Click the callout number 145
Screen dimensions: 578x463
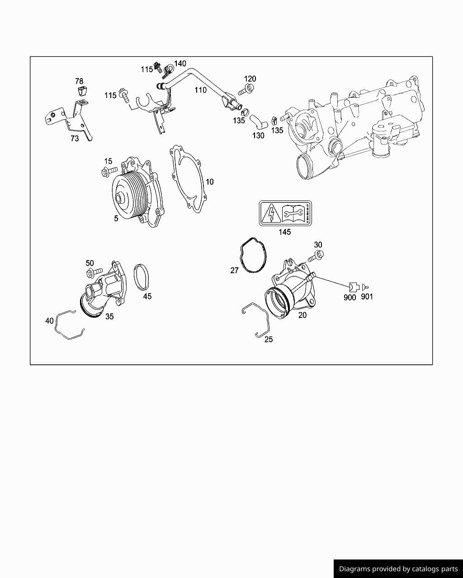(284, 232)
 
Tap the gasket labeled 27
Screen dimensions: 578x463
(253, 255)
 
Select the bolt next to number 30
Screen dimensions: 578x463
(315, 257)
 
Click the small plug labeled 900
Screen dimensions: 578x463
(354, 286)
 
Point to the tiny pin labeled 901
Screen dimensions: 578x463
(366, 286)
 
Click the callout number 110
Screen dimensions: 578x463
(200, 90)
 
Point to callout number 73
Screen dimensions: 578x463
(74, 138)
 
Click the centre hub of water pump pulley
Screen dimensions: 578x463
(120, 198)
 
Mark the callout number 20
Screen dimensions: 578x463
(302, 315)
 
